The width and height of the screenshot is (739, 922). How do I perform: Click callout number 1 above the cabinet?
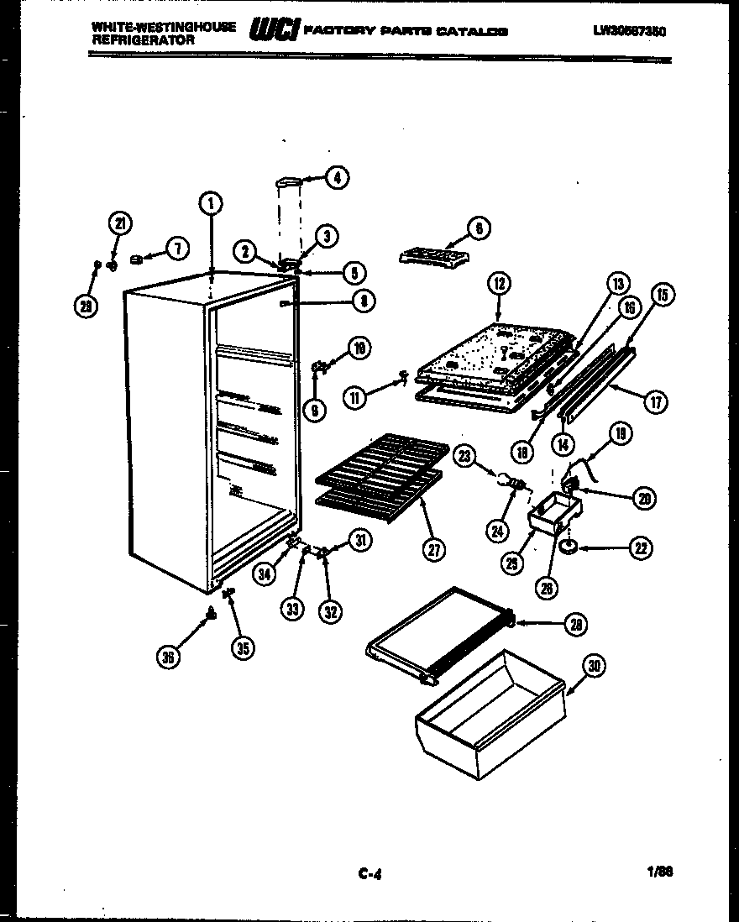click(x=211, y=202)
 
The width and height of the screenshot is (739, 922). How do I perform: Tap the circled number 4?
click(x=337, y=177)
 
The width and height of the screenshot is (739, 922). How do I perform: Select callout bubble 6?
click(x=478, y=228)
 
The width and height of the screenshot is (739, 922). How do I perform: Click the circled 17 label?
click(x=656, y=402)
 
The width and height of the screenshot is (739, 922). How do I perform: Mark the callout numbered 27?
click(x=434, y=550)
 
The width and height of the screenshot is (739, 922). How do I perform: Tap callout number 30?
click(x=594, y=667)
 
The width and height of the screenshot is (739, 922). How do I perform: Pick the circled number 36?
click(x=169, y=657)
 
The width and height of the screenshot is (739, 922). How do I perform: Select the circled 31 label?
click(x=360, y=542)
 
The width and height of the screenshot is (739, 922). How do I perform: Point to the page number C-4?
click(x=369, y=874)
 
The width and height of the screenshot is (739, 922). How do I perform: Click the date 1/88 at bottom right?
click(x=661, y=872)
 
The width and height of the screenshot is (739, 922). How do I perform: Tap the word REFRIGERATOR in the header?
click(x=144, y=39)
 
